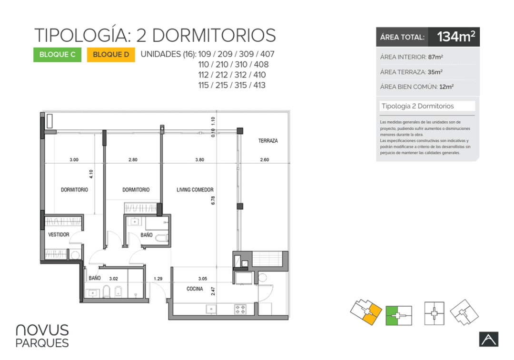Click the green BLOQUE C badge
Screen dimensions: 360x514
58,55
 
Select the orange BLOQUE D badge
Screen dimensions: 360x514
111,55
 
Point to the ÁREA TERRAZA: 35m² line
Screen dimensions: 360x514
412,72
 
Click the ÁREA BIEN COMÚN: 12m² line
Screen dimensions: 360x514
417,87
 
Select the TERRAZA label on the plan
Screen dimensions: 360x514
268,141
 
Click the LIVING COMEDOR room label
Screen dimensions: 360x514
195,190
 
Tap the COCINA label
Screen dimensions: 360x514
195,289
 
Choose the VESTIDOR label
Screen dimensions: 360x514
59,234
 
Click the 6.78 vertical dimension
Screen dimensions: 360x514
213,201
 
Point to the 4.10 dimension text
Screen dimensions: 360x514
91,174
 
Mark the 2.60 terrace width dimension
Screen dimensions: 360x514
265,160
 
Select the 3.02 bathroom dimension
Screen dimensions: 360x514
114,279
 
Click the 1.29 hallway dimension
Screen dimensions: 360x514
158,279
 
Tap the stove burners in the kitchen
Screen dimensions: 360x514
240,309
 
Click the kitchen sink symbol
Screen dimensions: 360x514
211,309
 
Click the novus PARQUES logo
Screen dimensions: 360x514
42,336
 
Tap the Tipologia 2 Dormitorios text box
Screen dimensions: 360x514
427,106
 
